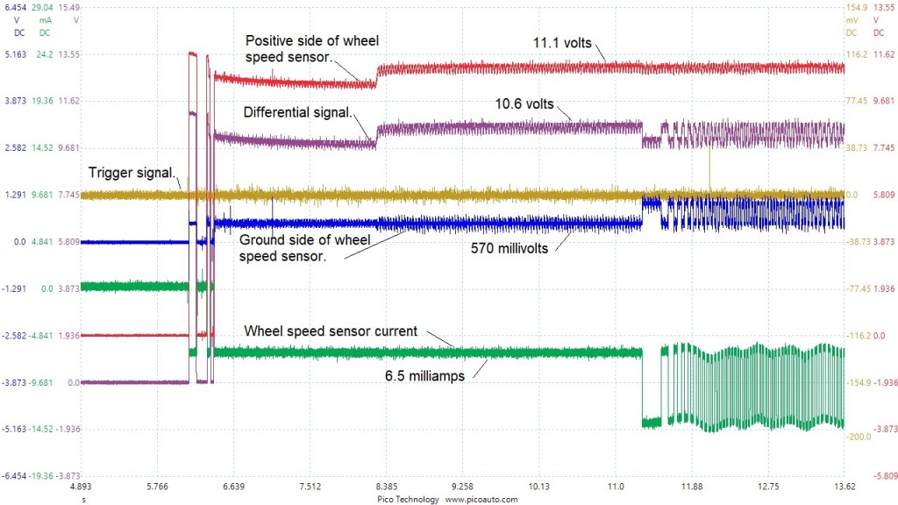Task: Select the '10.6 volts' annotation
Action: [524, 103]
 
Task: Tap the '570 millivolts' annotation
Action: [510, 248]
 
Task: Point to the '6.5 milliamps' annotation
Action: [424, 375]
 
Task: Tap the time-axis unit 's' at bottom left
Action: [83, 498]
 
